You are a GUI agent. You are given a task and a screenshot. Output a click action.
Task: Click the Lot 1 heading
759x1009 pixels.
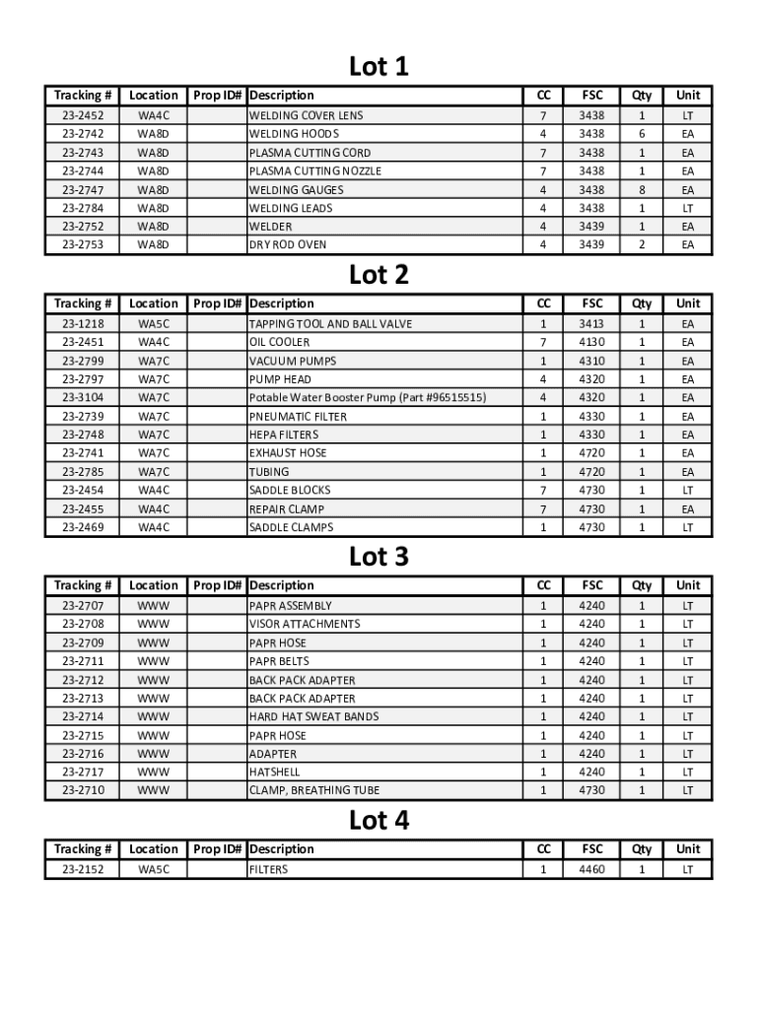[x=379, y=67]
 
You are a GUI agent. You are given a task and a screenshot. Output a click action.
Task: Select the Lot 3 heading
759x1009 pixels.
[x=379, y=557]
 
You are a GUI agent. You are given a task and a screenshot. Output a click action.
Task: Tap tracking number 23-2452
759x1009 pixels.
[x=83, y=115]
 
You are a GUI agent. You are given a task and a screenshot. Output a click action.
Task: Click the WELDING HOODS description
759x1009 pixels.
[x=294, y=134]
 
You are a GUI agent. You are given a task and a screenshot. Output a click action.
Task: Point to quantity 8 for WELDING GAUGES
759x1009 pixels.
[x=642, y=189]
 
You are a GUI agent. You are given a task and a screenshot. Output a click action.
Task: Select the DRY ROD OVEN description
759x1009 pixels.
[x=288, y=244]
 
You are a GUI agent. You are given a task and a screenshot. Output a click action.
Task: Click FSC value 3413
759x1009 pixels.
[x=592, y=323]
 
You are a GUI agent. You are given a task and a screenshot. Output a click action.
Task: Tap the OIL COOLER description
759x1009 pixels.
[x=279, y=342]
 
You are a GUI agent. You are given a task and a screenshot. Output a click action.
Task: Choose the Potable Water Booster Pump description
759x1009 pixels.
[x=367, y=397]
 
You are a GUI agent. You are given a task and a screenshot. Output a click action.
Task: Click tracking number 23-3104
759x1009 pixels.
[x=83, y=397]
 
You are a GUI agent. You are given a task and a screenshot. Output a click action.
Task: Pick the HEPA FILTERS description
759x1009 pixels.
[x=284, y=435]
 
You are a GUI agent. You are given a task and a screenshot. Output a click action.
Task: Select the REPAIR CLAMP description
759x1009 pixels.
[x=287, y=508]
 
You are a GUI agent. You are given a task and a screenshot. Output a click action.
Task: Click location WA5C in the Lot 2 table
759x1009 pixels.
[x=154, y=323]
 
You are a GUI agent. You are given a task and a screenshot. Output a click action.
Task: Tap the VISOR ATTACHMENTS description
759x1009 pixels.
[x=305, y=624]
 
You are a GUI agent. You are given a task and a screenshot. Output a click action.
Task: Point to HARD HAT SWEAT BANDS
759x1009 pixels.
[x=313, y=716]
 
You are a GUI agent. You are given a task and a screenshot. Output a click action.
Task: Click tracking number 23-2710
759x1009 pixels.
[x=83, y=790]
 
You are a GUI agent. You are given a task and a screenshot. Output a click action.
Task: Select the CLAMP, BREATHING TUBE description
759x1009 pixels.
[x=313, y=790]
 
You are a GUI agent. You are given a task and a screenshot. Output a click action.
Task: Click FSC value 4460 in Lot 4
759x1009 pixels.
[x=592, y=870]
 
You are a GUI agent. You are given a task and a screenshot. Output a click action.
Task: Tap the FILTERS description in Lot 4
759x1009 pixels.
[x=268, y=870]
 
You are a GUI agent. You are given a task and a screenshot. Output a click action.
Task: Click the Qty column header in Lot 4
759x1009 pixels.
[x=642, y=849]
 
